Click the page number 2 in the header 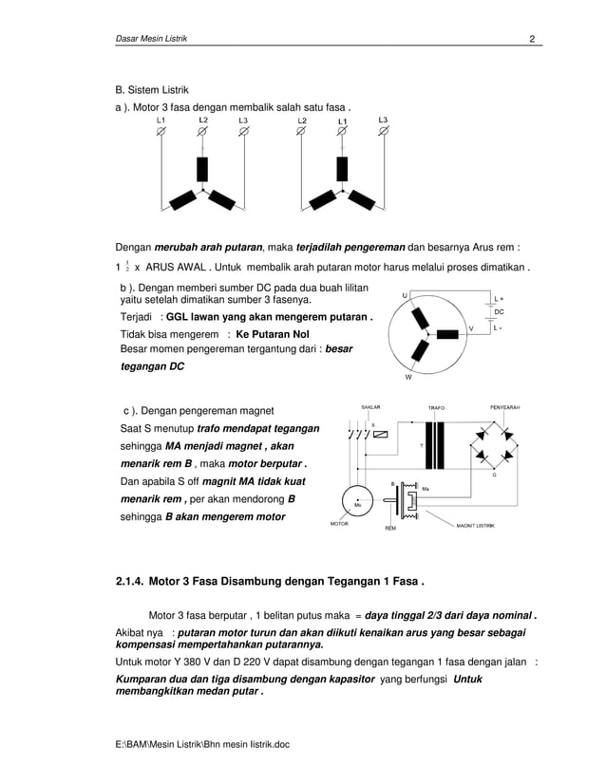pos(533,38)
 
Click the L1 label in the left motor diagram pos(161,121)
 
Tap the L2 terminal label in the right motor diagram pos(301,121)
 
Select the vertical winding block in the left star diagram pos(201,169)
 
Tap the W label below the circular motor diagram pos(407,376)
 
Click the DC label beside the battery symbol pos(499,310)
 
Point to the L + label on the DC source pos(500,297)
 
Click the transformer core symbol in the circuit pos(436,445)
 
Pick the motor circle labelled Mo pos(358,502)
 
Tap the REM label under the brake pos(389,528)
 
